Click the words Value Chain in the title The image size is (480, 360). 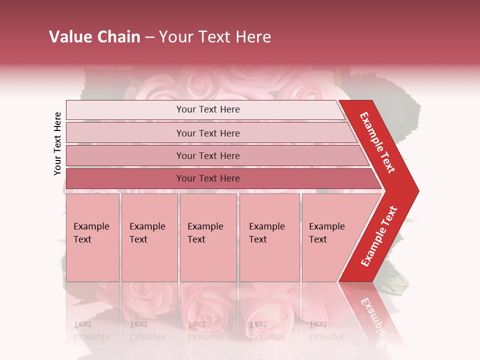coord(94,37)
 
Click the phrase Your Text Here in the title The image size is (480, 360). coord(215,37)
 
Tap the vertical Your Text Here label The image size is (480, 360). coord(57,143)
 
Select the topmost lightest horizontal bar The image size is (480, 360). coord(208,109)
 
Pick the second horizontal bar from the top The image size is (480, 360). coord(208,133)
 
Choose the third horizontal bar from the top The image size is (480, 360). coord(208,155)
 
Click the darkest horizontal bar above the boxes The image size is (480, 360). coord(208,178)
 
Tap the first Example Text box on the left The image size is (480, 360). coord(92,237)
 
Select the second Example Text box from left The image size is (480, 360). coord(149,237)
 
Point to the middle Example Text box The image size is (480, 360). coord(208,237)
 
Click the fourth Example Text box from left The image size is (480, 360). coord(269,237)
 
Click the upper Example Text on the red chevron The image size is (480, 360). coord(378,142)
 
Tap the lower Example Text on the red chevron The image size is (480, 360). coord(379,236)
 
